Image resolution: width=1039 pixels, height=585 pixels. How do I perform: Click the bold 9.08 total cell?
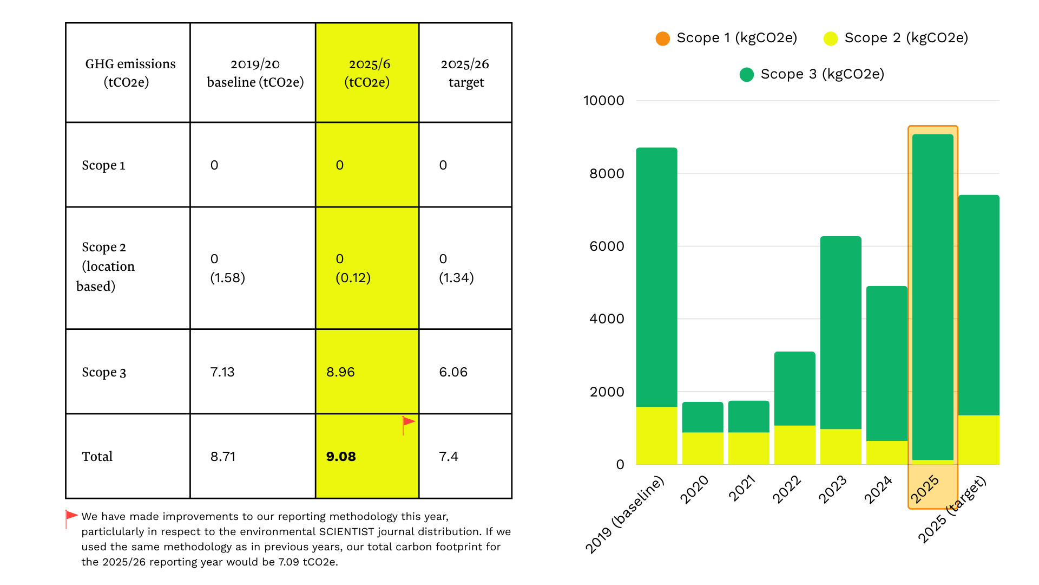(x=341, y=457)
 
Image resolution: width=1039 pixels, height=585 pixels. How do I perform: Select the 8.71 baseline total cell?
(x=223, y=457)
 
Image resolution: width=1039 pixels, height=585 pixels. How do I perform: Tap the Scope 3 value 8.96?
(x=340, y=372)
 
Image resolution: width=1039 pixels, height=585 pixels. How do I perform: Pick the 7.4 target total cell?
(x=449, y=457)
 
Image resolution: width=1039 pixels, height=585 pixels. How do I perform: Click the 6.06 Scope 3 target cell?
(x=453, y=372)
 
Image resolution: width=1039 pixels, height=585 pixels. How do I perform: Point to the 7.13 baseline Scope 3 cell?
(x=222, y=372)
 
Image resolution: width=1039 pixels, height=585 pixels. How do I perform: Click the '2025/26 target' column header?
(x=465, y=73)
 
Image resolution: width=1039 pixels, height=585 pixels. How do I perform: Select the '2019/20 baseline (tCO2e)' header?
(x=255, y=73)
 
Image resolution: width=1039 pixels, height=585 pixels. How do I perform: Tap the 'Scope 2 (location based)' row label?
(x=107, y=266)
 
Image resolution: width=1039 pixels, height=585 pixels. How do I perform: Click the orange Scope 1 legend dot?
(x=662, y=38)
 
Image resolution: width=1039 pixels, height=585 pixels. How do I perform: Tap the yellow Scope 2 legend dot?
(x=830, y=38)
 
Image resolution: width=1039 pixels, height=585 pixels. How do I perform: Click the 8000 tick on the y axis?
(x=607, y=173)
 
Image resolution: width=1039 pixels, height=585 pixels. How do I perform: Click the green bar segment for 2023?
(x=840, y=330)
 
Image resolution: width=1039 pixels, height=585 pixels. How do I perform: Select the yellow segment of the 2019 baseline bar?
(x=656, y=436)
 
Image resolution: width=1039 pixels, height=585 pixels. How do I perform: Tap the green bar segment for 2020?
(x=702, y=417)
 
